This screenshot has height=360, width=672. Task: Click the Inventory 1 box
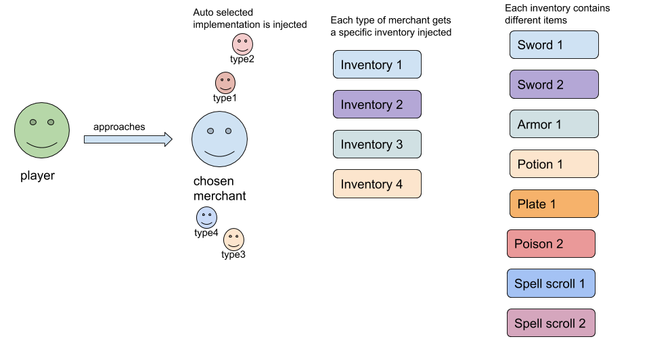pos(377,65)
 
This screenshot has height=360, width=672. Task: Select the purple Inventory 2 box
pos(377,105)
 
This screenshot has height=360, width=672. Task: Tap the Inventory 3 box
pos(377,144)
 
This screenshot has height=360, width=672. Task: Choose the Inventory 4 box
pos(377,184)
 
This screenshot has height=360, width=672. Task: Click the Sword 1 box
pos(554,45)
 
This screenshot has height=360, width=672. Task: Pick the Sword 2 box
pos(554,85)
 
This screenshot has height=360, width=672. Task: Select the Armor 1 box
pos(554,125)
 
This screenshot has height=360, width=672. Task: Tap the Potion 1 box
pos(554,164)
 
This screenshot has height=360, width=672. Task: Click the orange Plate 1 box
pos(554,204)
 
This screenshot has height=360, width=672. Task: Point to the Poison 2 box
pos(551,244)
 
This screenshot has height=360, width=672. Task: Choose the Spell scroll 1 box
pos(551,284)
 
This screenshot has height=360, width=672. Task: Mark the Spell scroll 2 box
pos(551,323)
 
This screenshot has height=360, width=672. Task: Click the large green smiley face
pos(42,131)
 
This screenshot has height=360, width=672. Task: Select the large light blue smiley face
pos(219,139)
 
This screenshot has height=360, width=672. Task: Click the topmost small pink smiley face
pos(242,44)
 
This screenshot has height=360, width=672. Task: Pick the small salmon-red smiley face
pos(225,83)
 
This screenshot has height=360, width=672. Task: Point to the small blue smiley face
pos(206,218)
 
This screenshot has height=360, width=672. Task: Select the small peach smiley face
pos(233,240)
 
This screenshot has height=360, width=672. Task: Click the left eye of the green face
pos(32,122)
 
